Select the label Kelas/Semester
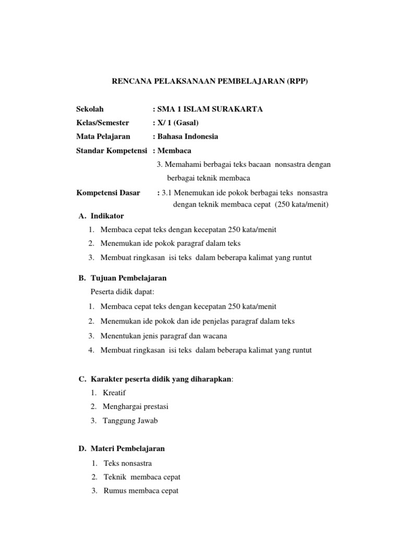102,123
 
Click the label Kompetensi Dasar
108,193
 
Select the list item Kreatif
114,393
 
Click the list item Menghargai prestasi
135,406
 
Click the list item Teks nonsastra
128,463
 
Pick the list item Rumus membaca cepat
141,491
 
